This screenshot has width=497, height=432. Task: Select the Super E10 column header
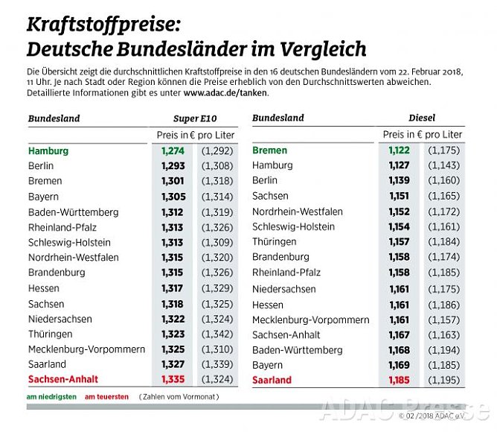tap(196, 118)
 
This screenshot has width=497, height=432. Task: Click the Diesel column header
tap(422, 118)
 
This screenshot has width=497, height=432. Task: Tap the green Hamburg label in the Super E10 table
tap(48, 150)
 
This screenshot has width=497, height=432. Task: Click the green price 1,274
tap(173, 150)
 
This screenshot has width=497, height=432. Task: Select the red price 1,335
tap(173, 380)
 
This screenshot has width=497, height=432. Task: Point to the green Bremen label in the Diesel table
tap(269, 150)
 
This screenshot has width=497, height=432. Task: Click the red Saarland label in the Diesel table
tap(272, 380)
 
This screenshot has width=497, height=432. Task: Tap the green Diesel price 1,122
tap(400, 150)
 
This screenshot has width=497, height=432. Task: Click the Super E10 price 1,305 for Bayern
tap(173, 197)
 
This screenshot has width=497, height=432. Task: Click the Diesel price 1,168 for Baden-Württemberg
tap(400, 350)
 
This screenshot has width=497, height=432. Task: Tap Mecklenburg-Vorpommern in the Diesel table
tap(310, 320)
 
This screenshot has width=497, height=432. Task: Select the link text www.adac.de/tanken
tap(225, 93)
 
